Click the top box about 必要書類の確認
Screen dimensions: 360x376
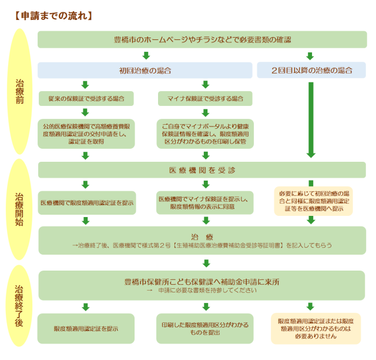coord(202,39)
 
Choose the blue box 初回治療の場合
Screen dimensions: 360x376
coord(145,71)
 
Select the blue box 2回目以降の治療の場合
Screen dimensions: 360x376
coord(311,71)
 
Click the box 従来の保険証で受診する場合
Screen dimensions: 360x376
coord(86,98)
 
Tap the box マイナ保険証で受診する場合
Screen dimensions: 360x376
coord(205,98)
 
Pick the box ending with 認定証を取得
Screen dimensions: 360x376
coord(86,134)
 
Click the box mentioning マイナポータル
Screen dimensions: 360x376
coord(205,134)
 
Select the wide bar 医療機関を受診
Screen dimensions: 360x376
coord(202,170)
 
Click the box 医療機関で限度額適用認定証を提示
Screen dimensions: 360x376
coord(86,203)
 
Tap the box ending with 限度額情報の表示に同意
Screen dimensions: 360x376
coord(205,203)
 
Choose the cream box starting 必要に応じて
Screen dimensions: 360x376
coord(311,201)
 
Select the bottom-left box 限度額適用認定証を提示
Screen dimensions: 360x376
coord(86,328)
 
